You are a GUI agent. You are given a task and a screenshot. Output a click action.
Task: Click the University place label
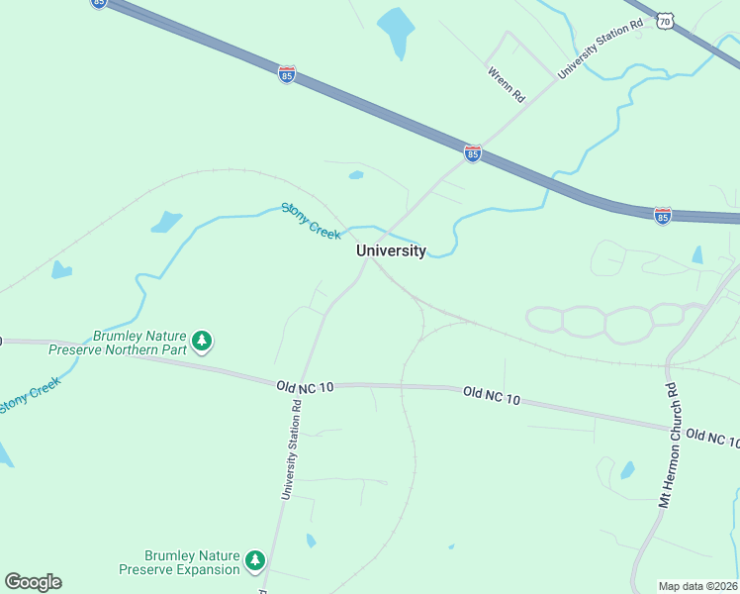[x=391, y=250]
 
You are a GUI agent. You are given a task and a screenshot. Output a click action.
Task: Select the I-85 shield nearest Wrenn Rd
[x=473, y=153]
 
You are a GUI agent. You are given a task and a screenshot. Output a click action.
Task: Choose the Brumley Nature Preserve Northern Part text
[x=139, y=342]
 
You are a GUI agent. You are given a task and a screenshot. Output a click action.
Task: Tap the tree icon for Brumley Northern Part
[x=203, y=342]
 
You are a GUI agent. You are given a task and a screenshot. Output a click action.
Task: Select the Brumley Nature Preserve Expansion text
[x=180, y=562]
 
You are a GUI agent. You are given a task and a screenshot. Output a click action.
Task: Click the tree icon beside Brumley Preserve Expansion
[x=256, y=561]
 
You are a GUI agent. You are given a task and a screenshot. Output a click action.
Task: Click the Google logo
[x=33, y=582]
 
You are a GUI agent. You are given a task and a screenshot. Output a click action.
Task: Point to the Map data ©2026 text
[x=697, y=586]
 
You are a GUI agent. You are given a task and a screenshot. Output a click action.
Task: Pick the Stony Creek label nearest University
[x=311, y=220]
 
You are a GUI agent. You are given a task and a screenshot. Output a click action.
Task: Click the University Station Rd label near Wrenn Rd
[x=594, y=46]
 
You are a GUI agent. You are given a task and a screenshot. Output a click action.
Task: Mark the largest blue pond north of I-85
[x=396, y=32]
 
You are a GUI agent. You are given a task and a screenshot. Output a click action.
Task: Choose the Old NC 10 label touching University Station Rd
[x=305, y=385]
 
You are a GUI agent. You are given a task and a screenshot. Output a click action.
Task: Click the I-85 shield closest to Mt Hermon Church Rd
[x=663, y=215]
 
